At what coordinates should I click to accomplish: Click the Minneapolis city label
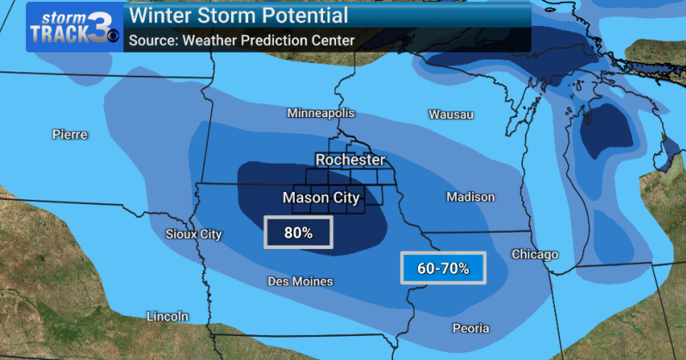tap(321, 114)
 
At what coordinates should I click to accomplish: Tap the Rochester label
tap(351, 160)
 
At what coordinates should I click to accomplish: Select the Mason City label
tap(321, 198)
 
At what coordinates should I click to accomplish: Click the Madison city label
tap(471, 197)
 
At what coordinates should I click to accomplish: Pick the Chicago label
tap(535, 254)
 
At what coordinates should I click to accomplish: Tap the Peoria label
tap(471, 328)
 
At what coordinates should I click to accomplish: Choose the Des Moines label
tap(301, 282)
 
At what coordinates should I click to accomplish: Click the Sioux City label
tap(193, 234)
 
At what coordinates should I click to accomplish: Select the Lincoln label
tap(167, 316)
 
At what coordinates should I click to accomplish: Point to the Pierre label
tap(70, 134)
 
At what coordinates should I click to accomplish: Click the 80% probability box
tap(297, 233)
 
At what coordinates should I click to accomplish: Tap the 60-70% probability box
tap(443, 269)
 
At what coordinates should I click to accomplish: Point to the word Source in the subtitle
tap(153, 40)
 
